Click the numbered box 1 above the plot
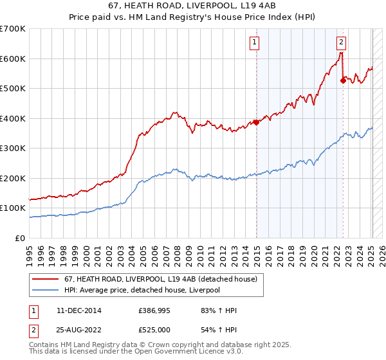[x=255, y=43]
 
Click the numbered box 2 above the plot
[x=341, y=43]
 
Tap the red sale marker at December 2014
[x=256, y=122]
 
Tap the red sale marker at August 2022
[x=343, y=80]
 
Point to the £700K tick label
[x=13, y=29]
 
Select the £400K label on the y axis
[x=13, y=118]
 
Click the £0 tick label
[x=21, y=238]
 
